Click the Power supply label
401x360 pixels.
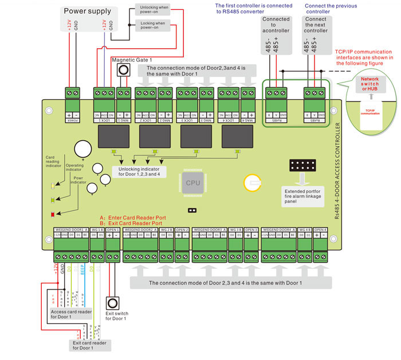pos(88,10)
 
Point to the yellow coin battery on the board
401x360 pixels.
pos(252,182)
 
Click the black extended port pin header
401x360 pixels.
pos(303,167)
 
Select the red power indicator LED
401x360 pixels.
pos(53,214)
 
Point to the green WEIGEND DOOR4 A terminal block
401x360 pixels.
pos(278,242)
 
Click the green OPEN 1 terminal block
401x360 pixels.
pos(113,242)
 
